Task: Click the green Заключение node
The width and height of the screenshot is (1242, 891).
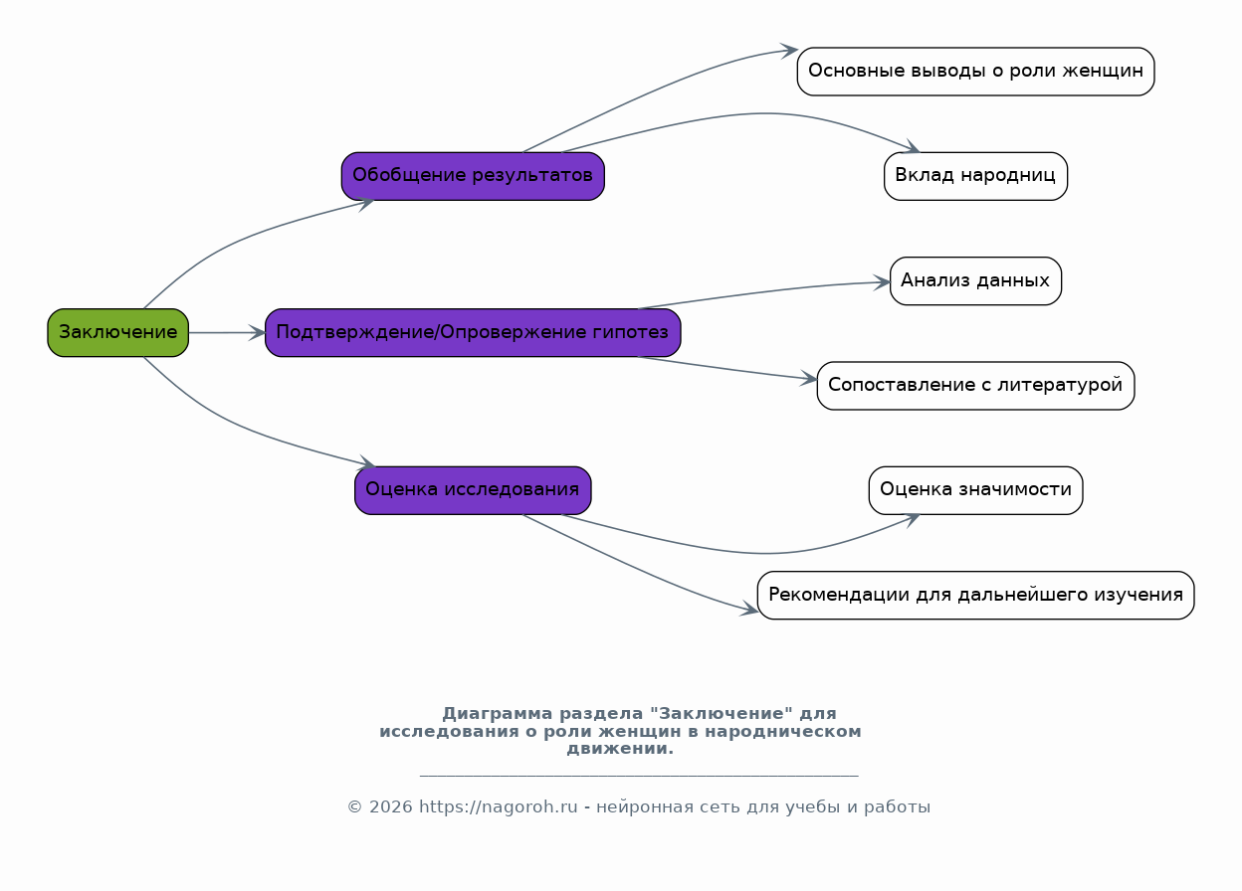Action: point(118,332)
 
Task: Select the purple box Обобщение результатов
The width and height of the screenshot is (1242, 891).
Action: point(473,176)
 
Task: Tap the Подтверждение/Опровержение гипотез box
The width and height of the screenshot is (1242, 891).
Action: point(473,332)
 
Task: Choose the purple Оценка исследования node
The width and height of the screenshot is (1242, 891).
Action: point(473,490)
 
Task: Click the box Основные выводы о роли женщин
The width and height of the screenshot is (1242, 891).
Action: point(976,72)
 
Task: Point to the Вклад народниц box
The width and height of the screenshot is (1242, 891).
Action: point(976,176)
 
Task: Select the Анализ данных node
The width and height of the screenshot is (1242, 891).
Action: point(976,281)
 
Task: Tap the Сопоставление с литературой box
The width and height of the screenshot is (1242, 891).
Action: point(976,386)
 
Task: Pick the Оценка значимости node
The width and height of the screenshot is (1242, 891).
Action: point(976,490)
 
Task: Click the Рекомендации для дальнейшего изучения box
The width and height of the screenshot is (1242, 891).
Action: point(976,595)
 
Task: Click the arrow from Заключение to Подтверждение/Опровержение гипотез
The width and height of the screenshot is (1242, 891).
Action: point(227,332)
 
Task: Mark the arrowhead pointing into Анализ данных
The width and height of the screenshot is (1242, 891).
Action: point(882,282)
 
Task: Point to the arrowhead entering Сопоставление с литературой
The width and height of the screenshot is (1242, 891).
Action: point(808,379)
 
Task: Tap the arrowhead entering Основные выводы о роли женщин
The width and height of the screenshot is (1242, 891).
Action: point(789,51)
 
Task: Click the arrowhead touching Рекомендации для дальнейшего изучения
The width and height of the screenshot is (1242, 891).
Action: point(749,610)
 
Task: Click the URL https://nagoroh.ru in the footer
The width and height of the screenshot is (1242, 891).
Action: point(498,807)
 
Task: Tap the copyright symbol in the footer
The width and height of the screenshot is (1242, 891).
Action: point(355,807)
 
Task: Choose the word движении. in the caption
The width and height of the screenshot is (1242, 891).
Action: point(620,749)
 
